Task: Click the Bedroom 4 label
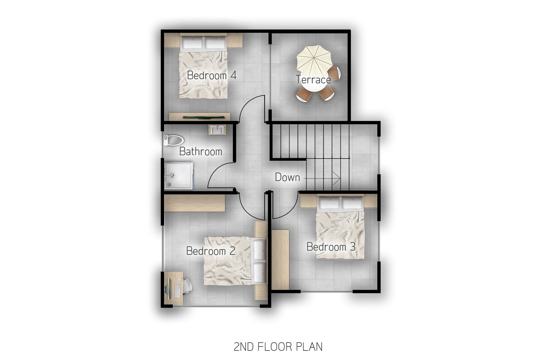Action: (x=211, y=76)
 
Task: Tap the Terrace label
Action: (x=313, y=80)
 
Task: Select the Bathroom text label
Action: (x=200, y=151)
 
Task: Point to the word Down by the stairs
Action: (x=287, y=177)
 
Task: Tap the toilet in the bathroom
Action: (x=173, y=140)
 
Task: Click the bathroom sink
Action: (x=217, y=130)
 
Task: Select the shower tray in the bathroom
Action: (x=179, y=175)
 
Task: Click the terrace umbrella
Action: (x=314, y=60)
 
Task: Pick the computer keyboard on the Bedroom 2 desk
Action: (x=177, y=291)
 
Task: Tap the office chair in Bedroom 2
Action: (x=186, y=287)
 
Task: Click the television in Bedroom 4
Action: (x=204, y=117)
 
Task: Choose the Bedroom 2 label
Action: (x=211, y=251)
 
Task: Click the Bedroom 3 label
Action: (x=331, y=247)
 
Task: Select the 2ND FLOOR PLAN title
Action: (x=278, y=347)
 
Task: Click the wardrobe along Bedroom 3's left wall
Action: (x=280, y=260)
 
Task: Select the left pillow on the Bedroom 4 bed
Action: (x=192, y=43)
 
